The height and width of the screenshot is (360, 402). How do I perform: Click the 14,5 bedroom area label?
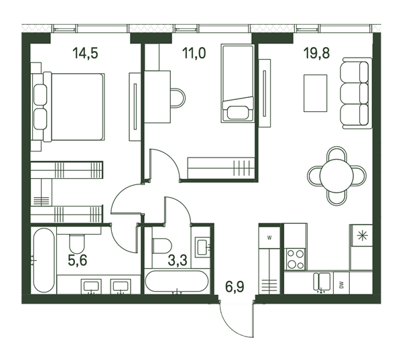click(85, 54)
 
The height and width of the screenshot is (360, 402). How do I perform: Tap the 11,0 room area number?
click(194, 54)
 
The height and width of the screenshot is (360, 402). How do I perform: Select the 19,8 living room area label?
click(316, 54)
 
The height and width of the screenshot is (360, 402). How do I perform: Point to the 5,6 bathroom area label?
click(78, 260)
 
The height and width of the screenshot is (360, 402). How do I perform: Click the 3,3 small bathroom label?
click(178, 260)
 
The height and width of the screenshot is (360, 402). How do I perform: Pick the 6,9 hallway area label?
click(234, 286)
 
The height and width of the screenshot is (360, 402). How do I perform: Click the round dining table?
click(336, 176)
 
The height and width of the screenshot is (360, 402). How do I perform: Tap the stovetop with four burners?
click(295, 259)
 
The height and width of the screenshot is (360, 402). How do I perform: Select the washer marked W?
click(269, 237)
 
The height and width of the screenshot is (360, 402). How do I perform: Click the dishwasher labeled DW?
click(341, 284)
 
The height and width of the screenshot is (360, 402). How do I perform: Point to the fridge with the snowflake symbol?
click(362, 235)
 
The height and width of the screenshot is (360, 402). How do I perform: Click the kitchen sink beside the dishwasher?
click(322, 282)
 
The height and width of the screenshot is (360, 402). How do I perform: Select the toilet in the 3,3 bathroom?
click(161, 246)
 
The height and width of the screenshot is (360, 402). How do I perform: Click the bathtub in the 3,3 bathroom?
click(176, 281)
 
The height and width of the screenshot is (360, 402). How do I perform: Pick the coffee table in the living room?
click(316, 93)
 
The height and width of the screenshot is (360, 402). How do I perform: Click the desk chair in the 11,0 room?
click(178, 98)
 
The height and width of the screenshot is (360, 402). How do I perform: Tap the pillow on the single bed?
click(238, 113)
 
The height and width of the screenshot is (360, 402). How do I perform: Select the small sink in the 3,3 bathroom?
click(202, 247)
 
